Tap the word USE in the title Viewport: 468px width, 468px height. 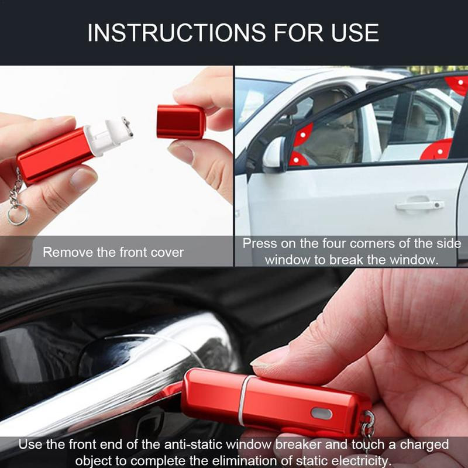355,32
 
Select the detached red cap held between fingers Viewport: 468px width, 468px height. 181,122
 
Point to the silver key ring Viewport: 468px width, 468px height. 18,214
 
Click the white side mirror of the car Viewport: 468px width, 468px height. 274,154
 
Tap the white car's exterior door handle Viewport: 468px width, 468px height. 419,205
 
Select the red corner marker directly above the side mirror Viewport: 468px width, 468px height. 303,135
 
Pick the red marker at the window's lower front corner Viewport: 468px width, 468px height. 298,159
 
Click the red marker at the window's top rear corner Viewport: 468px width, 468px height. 458,84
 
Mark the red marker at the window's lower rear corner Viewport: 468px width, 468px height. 437,150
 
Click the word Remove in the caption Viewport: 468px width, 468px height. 68,253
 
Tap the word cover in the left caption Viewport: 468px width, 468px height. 167,253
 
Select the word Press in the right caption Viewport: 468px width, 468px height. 260,243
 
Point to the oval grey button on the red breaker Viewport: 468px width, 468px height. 322,414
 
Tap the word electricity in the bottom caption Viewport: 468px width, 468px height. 360,461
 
